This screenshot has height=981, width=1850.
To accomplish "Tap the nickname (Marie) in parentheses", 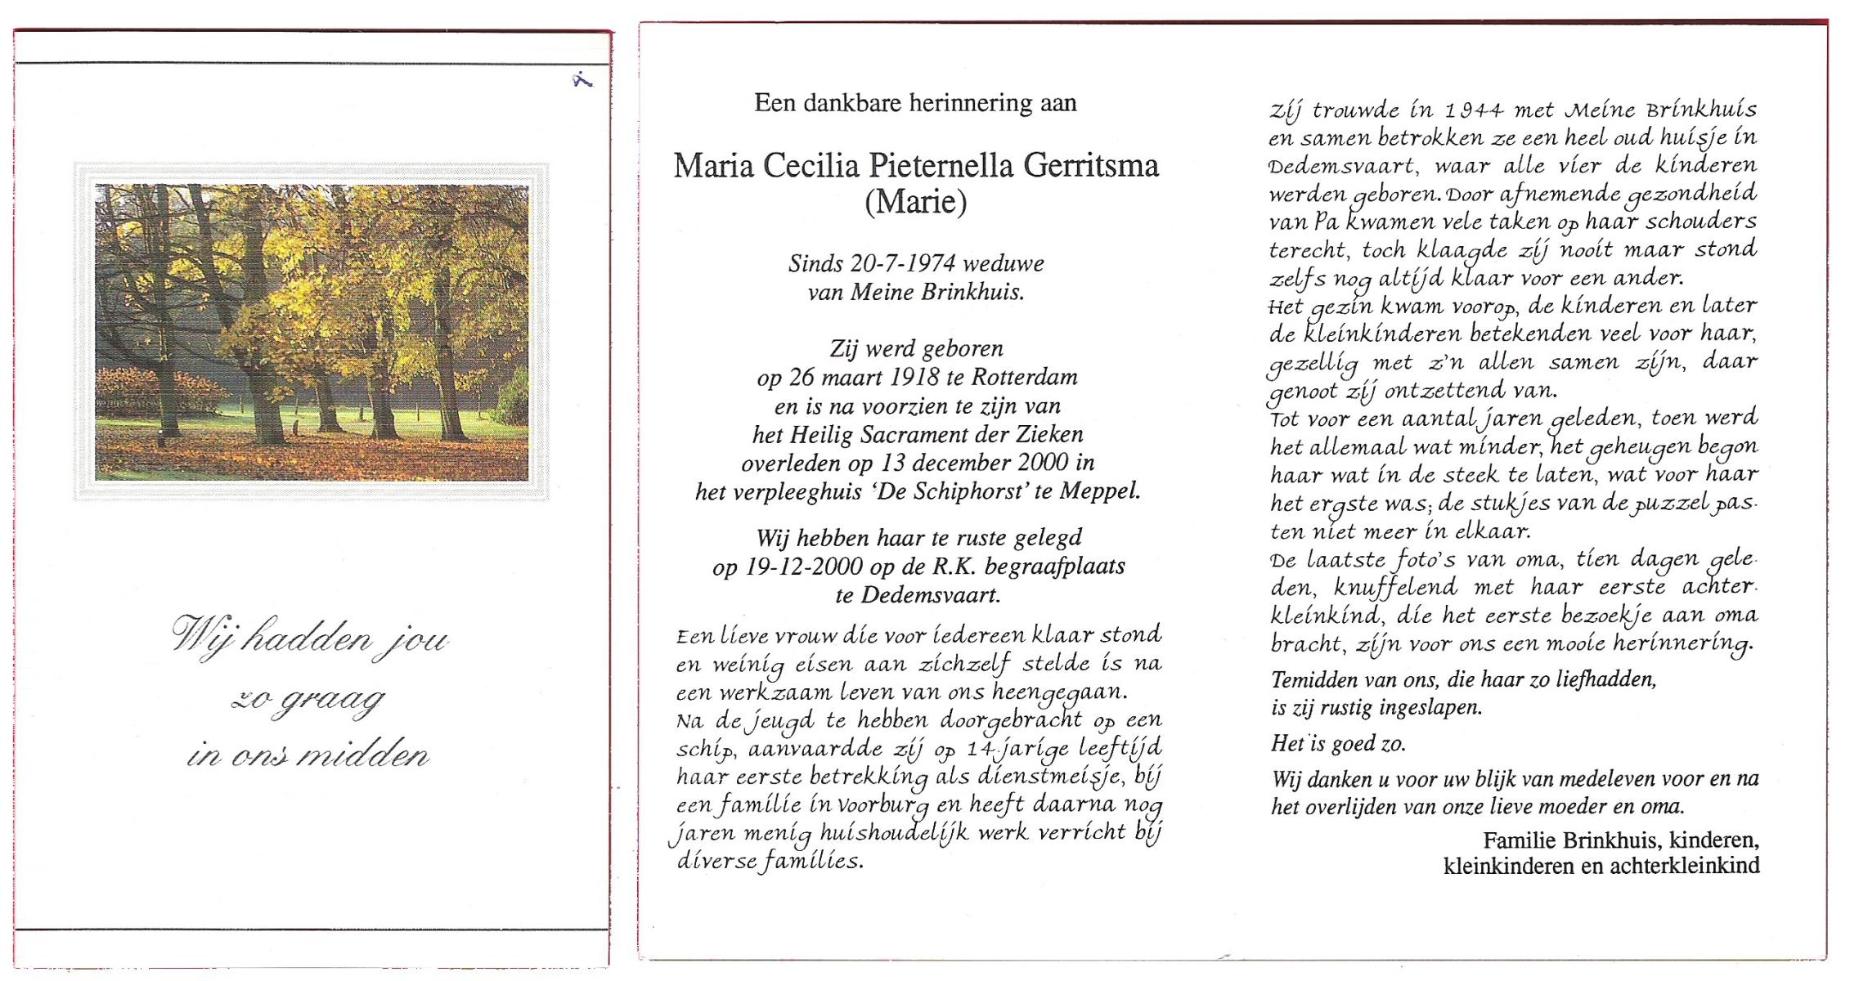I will [x=916, y=201].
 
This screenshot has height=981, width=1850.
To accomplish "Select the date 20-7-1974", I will [x=903, y=263].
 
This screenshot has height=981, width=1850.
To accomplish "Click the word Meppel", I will [x=1099, y=492].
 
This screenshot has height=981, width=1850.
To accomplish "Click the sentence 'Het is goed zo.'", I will [x=1338, y=744].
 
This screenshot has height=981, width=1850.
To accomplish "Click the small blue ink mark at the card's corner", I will [x=582, y=80].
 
